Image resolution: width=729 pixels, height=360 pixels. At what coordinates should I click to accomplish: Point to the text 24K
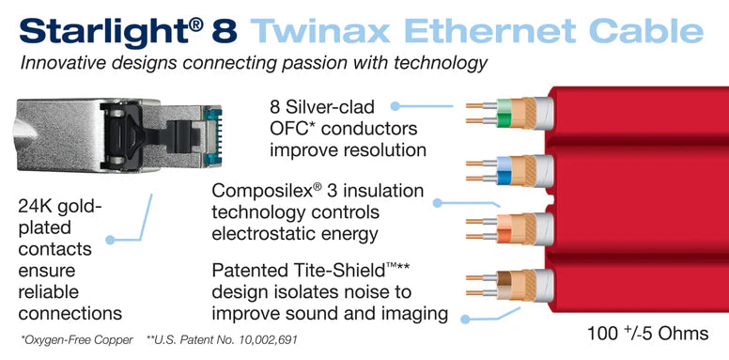pos(39,206)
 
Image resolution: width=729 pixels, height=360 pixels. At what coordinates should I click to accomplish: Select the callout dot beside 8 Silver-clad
pos(396,109)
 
